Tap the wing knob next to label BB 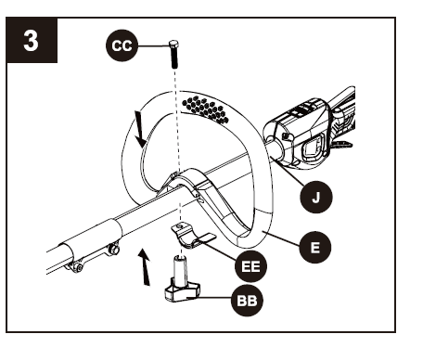point(179,289)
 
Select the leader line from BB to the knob point(218,298)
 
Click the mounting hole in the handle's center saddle point(174,177)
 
